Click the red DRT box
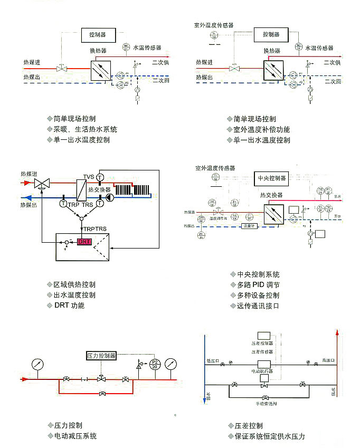tap(84, 242)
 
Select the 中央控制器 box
tap(271, 178)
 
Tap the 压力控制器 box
tap(101, 356)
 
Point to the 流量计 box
tap(249, 226)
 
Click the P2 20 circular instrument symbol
tap(155, 365)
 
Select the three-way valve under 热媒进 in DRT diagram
tap(41, 184)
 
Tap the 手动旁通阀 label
tap(266, 404)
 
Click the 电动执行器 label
tap(263, 371)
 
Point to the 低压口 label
tap(212, 361)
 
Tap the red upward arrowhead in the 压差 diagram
tap(337, 333)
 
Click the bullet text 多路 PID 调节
tap(258, 285)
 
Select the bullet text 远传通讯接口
tap(258, 306)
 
